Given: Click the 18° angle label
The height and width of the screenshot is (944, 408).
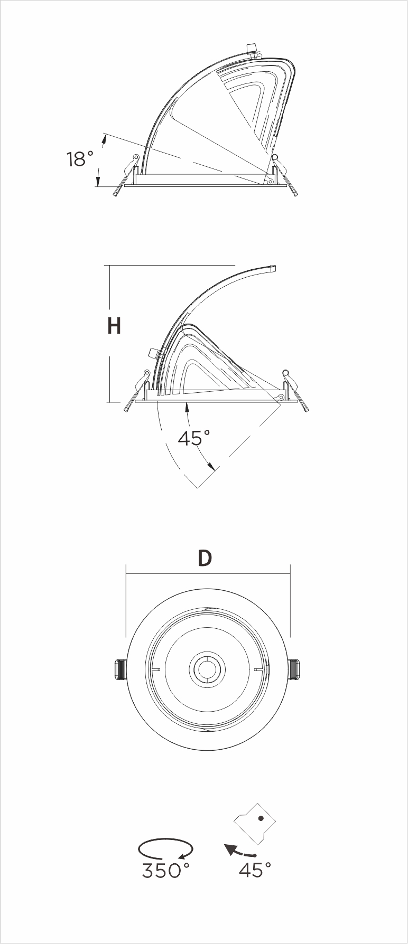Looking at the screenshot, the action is point(80,159).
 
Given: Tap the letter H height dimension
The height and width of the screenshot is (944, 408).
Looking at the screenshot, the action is point(114,326).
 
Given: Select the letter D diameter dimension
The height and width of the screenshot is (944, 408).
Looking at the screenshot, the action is point(205,558).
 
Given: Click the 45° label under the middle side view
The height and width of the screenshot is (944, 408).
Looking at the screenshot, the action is point(194,438).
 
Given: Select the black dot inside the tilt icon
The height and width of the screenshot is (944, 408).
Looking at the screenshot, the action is point(261,834).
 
